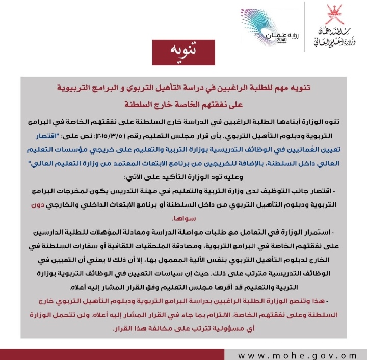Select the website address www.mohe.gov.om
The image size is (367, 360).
coord(297,355)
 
